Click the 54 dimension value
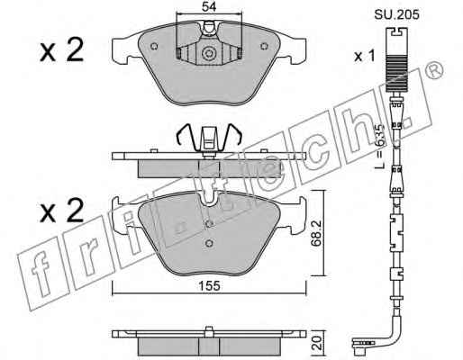click(209, 6)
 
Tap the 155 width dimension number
click(209, 286)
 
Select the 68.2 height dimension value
click(317, 233)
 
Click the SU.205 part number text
click(396, 14)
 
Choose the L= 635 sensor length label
click(380, 147)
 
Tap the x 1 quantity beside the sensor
click(365, 56)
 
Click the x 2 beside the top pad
click(61, 50)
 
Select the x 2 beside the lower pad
click(61, 211)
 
